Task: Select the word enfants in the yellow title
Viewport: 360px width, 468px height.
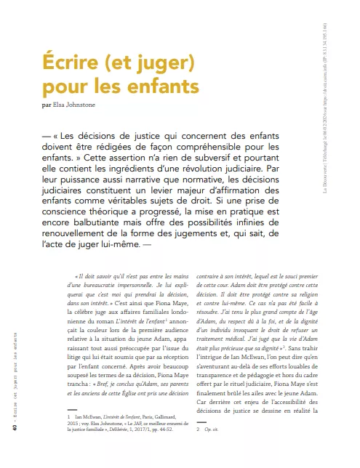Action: coord(151,89)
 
